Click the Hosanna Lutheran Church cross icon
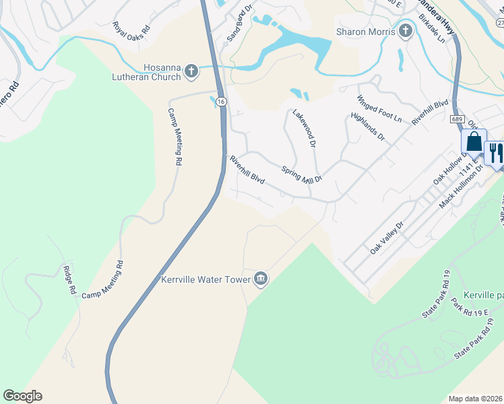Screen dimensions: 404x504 [191, 70]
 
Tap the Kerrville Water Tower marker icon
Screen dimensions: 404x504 [261, 279]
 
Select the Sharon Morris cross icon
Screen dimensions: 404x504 [405, 31]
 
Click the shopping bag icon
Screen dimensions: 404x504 [473, 143]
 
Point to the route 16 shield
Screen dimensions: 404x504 [221, 100]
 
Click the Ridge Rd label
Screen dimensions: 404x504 [67, 279]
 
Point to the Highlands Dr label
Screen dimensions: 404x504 [367, 127]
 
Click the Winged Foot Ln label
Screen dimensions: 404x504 [379, 109]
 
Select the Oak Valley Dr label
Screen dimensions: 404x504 [385, 238]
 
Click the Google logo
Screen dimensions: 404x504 [22, 396]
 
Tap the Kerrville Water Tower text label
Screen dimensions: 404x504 [205, 279]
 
